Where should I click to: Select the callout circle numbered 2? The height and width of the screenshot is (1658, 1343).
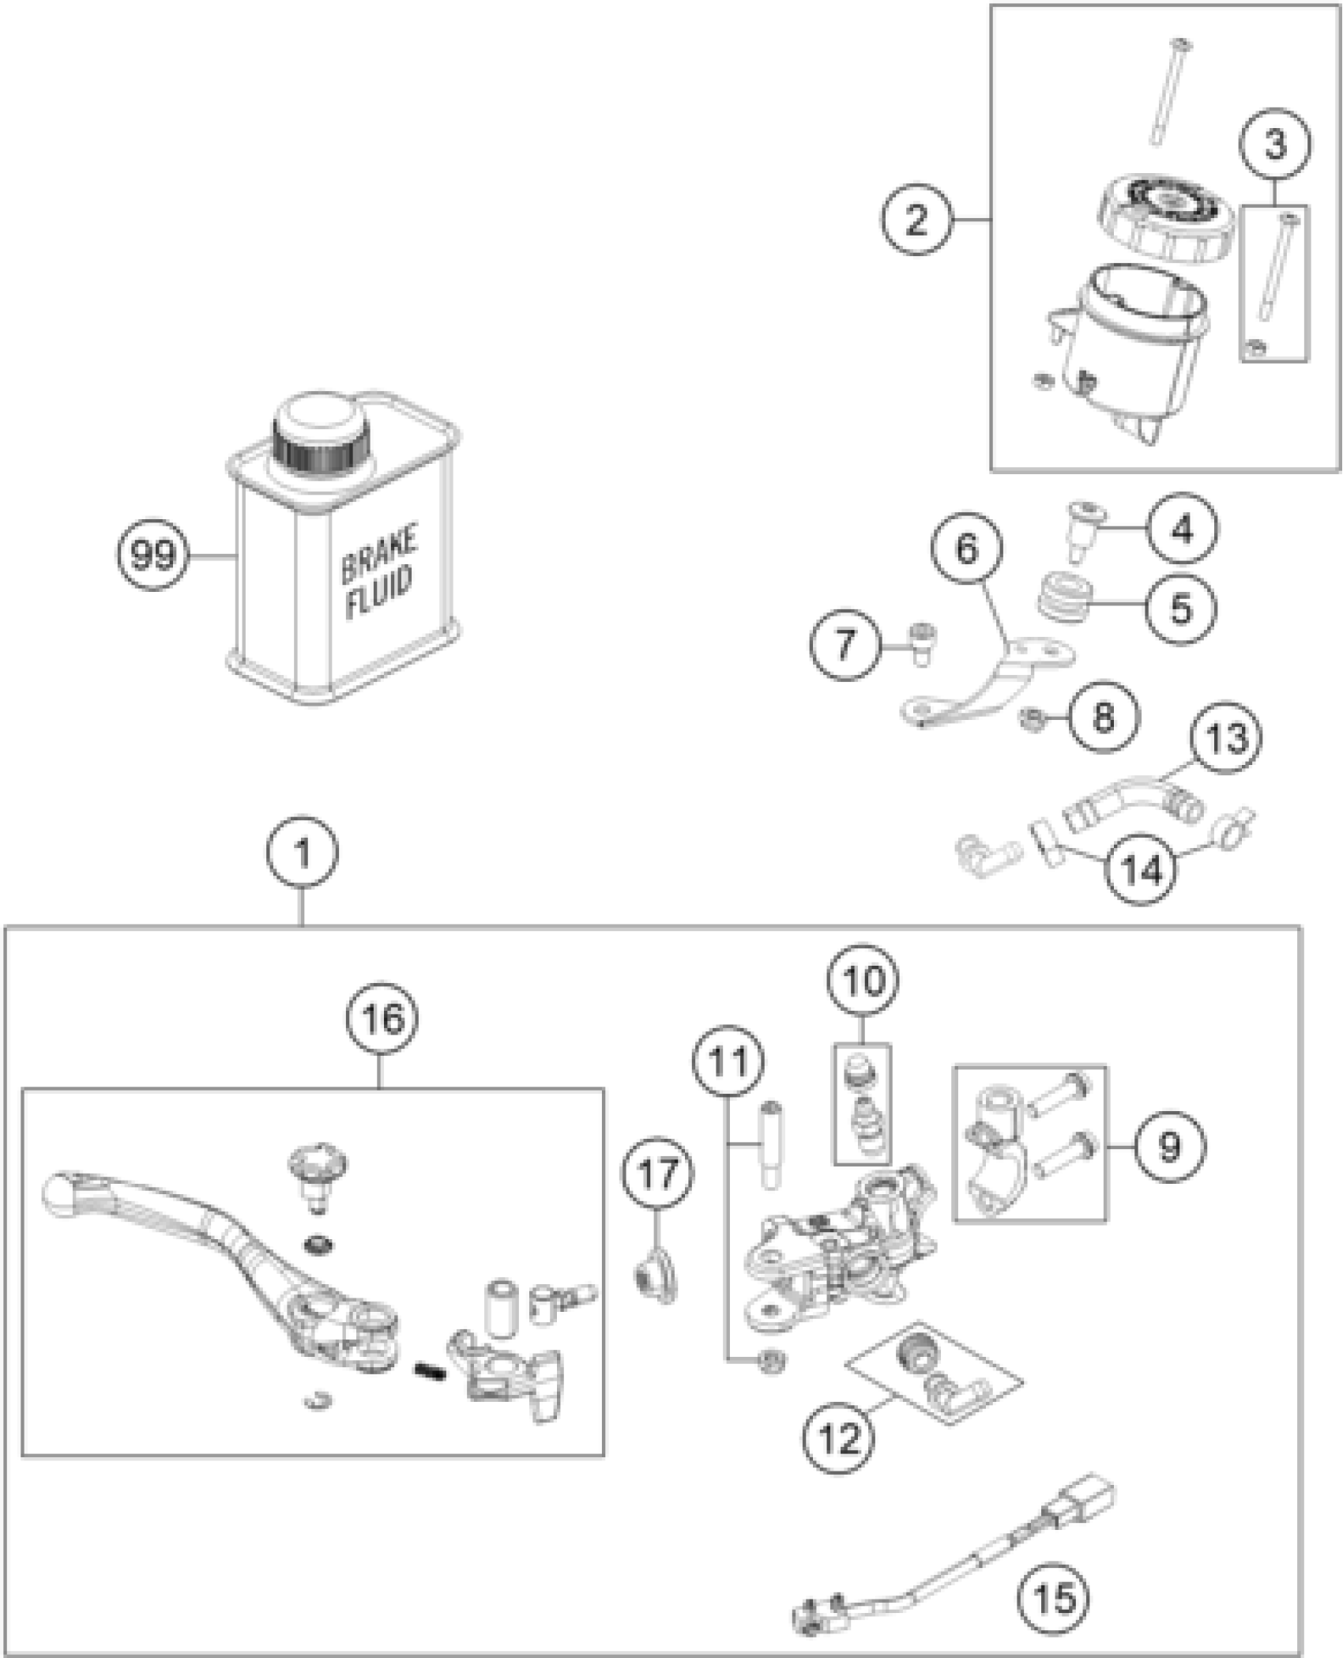pyautogui.click(x=916, y=219)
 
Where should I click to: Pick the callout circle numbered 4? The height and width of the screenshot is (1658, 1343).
pyautogui.click(x=1183, y=529)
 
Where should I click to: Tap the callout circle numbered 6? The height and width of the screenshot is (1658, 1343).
pyautogui.click(x=967, y=548)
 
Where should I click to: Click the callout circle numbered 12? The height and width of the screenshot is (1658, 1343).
pyautogui.click(x=841, y=1437)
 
